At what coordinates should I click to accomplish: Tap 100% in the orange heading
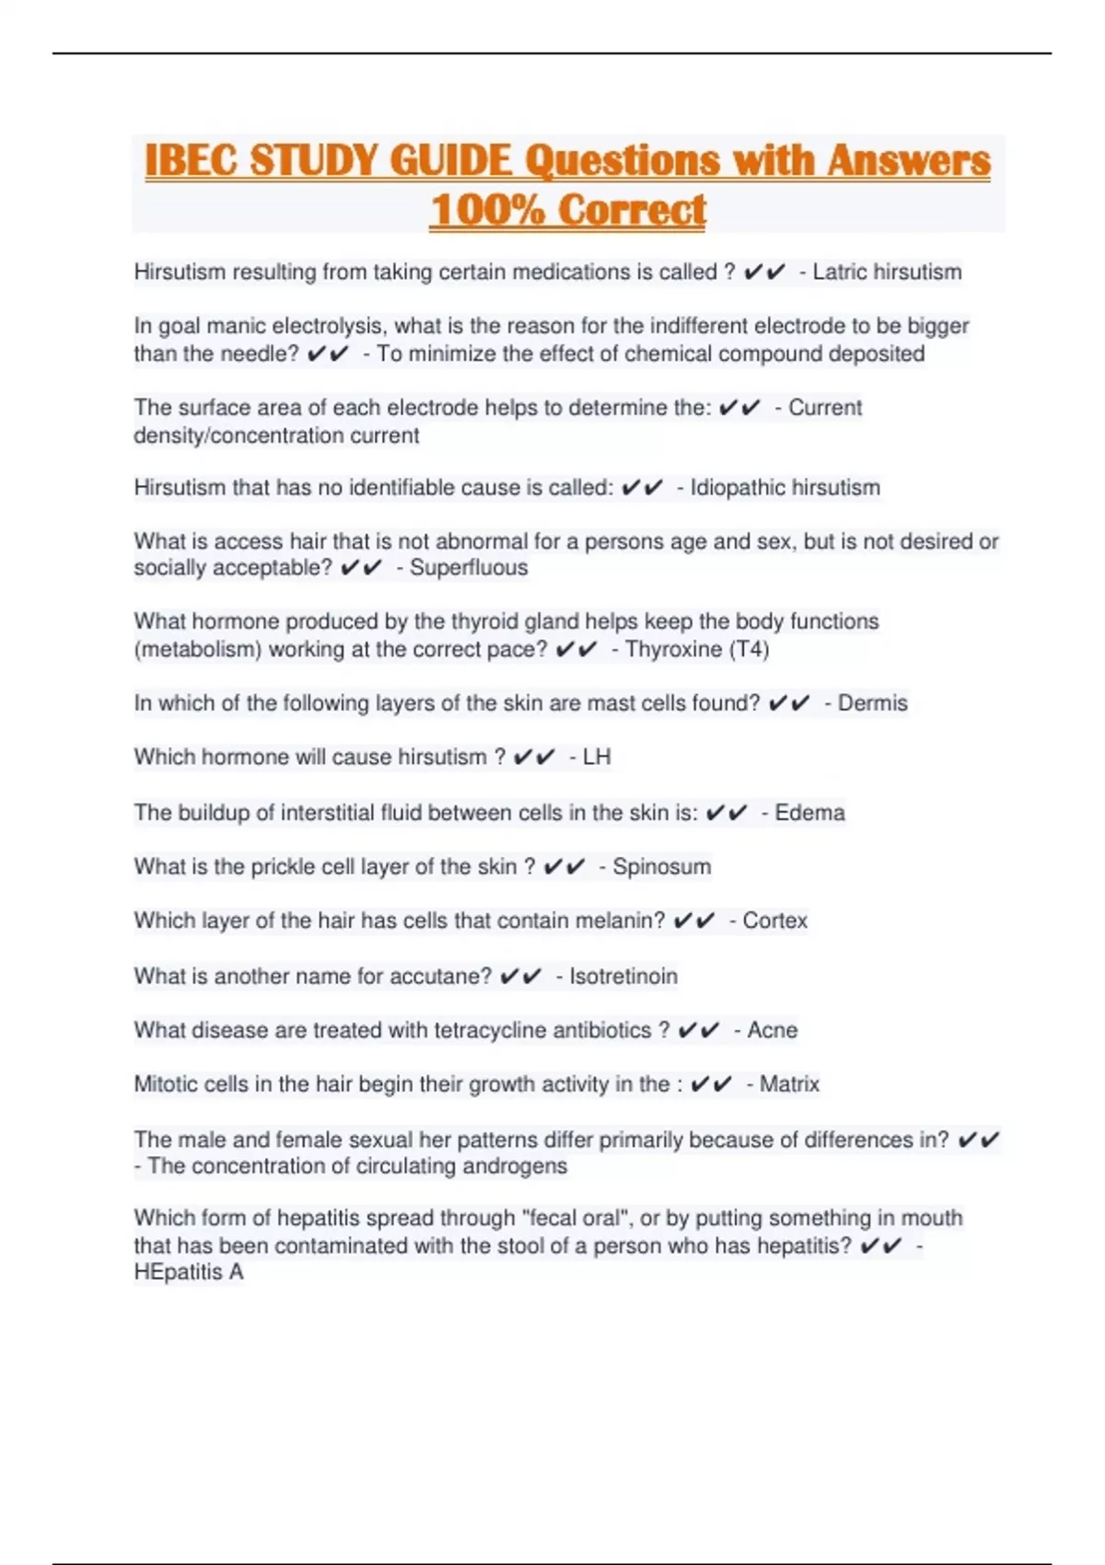(487, 210)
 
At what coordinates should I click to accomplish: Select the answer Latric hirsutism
(887, 272)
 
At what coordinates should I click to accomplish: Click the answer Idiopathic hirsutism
(785, 488)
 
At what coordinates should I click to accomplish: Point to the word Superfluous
(469, 568)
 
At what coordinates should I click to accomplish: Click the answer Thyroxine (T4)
(697, 650)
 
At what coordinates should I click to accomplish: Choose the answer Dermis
(872, 703)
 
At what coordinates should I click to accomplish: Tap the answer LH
(597, 758)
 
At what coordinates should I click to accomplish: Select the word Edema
(809, 813)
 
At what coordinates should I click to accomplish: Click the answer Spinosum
(661, 867)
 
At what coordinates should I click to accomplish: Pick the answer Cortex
(774, 921)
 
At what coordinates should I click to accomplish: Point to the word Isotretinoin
(623, 976)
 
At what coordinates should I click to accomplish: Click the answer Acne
(773, 1030)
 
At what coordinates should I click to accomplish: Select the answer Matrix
(789, 1084)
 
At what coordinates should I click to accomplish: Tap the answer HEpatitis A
(189, 1272)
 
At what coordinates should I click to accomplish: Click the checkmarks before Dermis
(788, 703)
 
